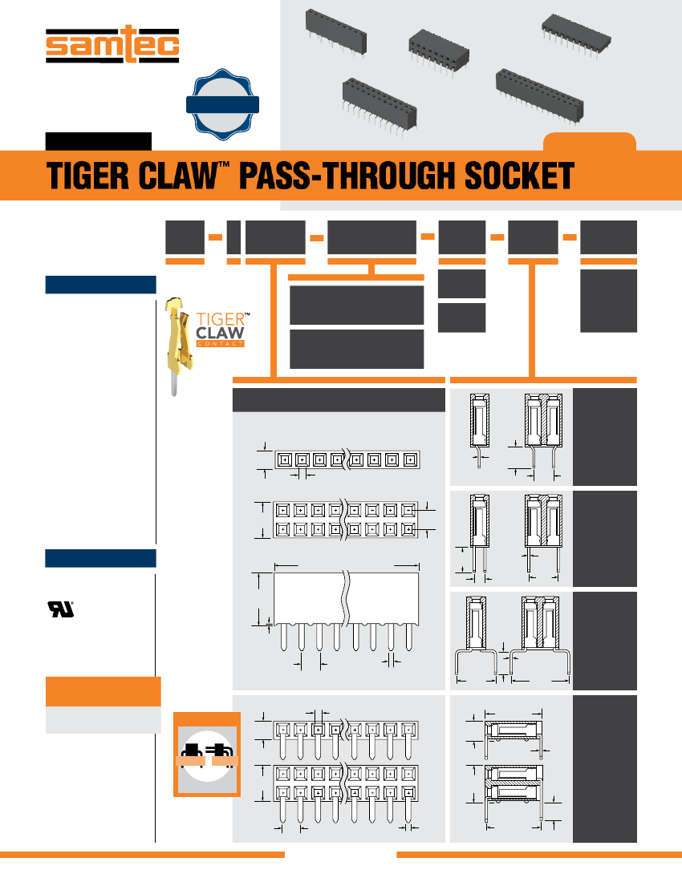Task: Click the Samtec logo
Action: (x=112, y=47)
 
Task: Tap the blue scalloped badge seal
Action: (x=221, y=104)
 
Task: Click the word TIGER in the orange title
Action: (x=93, y=176)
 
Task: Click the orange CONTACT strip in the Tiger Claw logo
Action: (x=219, y=342)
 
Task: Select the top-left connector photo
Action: (x=335, y=32)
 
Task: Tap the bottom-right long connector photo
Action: (x=539, y=95)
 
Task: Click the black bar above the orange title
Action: (x=98, y=142)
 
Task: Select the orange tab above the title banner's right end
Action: (x=590, y=143)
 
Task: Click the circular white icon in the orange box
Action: (x=207, y=755)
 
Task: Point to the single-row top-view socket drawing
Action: (x=347, y=460)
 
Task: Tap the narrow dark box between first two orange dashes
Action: (x=233, y=237)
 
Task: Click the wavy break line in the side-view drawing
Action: (x=347, y=597)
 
